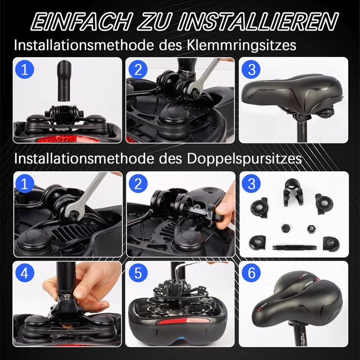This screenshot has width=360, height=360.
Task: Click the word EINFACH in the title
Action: [x=82, y=22]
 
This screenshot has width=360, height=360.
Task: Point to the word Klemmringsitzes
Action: [x=241, y=46]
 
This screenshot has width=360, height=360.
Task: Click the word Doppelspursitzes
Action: [x=244, y=159]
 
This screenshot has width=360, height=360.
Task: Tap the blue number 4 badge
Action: [x=25, y=273]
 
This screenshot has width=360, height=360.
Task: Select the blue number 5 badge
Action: [x=138, y=273]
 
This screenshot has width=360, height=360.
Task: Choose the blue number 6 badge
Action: [x=251, y=273]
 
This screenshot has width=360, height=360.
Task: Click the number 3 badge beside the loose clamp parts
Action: [x=251, y=184]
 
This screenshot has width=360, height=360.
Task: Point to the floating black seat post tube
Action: [x=64, y=81]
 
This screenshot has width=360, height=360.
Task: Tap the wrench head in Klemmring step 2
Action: [x=194, y=91]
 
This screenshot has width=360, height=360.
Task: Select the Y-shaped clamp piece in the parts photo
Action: [x=293, y=192]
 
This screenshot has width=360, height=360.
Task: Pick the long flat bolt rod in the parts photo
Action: [x=294, y=247]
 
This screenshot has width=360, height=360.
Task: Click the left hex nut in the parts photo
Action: [x=285, y=228]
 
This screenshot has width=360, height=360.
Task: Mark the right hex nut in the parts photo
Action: [x=311, y=228]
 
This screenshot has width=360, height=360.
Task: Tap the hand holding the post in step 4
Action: [x=85, y=287]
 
